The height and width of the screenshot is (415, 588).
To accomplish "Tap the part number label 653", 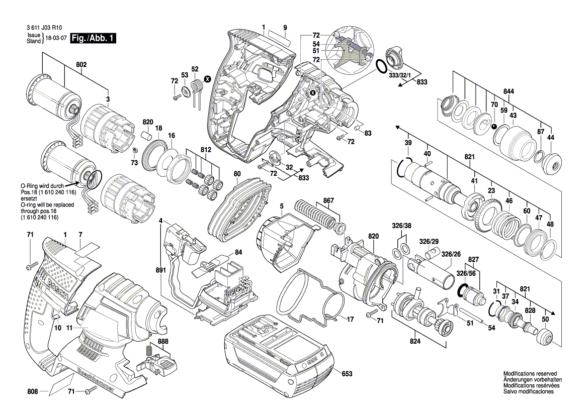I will pyautogui.click(x=347, y=374).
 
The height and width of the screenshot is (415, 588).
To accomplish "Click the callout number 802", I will pyautogui.click(x=81, y=65).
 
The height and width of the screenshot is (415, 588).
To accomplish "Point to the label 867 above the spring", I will pyautogui.click(x=328, y=200).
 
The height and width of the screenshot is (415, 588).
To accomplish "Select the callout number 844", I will pyautogui.click(x=509, y=92).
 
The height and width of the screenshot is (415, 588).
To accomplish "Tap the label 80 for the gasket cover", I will pyautogui.click(x=237, y=174).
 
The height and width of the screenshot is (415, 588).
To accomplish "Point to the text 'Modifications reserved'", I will pyautogui.click(x=530, y=374).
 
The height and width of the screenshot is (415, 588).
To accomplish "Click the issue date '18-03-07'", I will pyautogui.click(x=56, y=38).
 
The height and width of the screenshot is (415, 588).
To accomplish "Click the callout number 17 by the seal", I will pyautogui.click(x=350, y=319).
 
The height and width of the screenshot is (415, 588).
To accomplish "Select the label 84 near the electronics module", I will pyautogui.click(x=238, y=252).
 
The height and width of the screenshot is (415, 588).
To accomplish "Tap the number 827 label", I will pyautogui.click(x=473, y=260).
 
